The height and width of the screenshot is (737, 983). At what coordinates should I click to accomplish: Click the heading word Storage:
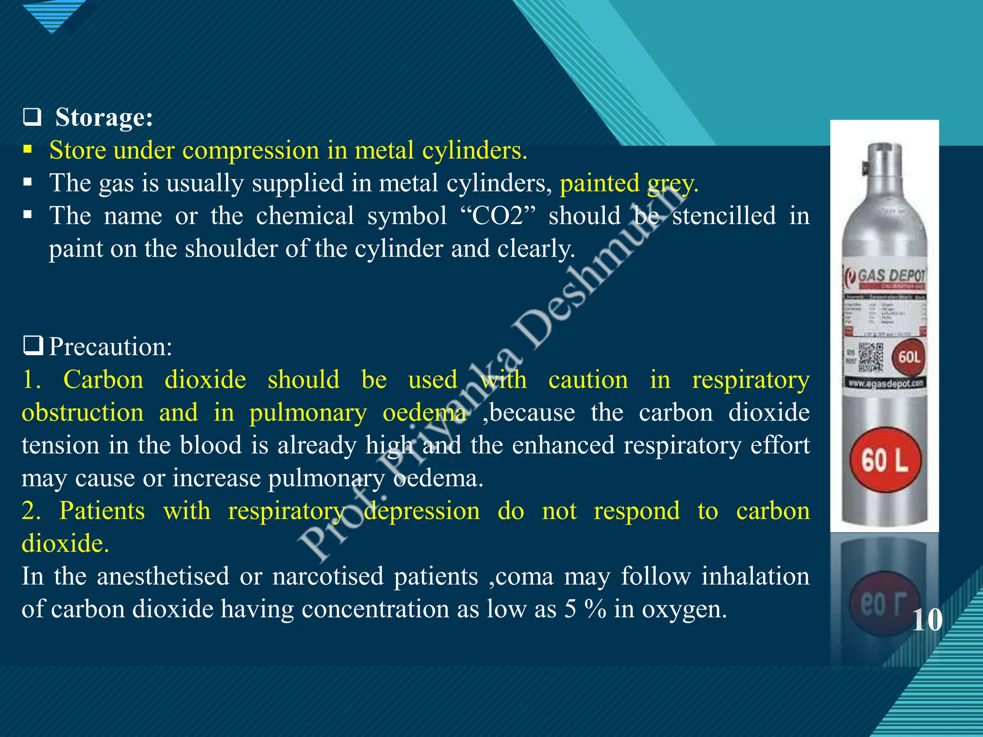(x=104, y=118)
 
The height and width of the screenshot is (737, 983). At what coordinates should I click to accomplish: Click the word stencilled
(x=724, y=216)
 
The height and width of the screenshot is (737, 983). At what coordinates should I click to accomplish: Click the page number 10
(x=926, y=620)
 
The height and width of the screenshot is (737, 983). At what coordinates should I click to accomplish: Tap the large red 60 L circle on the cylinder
(x=885, y=460)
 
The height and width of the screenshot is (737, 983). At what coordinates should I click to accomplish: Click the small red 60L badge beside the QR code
(x=909, y=357)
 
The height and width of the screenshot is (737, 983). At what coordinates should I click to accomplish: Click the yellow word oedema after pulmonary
(x=424, y=413)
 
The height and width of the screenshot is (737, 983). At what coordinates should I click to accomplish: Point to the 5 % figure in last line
(x=585, y=609)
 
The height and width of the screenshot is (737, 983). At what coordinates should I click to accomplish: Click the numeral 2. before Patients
(x=31, y=511)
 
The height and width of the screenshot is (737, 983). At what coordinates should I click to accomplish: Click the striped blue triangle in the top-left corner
(x=53, y=14)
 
